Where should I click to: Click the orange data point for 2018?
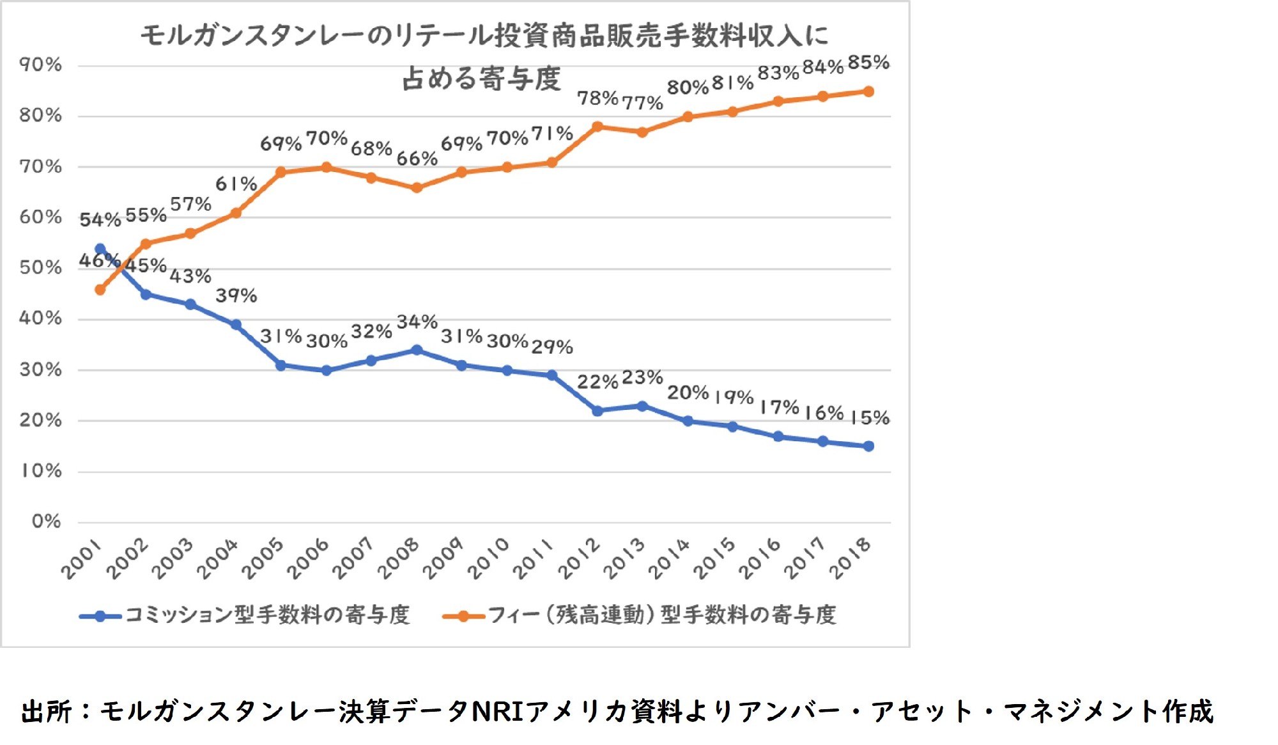(868, 91)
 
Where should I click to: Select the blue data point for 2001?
(100, 249)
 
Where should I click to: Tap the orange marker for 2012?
(597, 127)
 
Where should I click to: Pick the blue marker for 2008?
(417, 350)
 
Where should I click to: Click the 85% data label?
(868, 63)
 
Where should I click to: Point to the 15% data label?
(870, 418)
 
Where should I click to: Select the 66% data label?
(417, 158)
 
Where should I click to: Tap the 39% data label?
(236, 295)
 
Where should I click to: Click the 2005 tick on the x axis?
(263, 558)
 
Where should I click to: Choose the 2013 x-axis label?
(624, 558)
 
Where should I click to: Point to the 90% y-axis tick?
(40, 65)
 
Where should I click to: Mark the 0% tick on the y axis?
(46, 521)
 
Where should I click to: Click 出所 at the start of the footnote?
(46, 711)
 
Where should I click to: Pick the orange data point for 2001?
(100, 290)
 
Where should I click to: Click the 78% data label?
(597, 98)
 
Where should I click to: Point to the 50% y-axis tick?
(40, 267)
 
